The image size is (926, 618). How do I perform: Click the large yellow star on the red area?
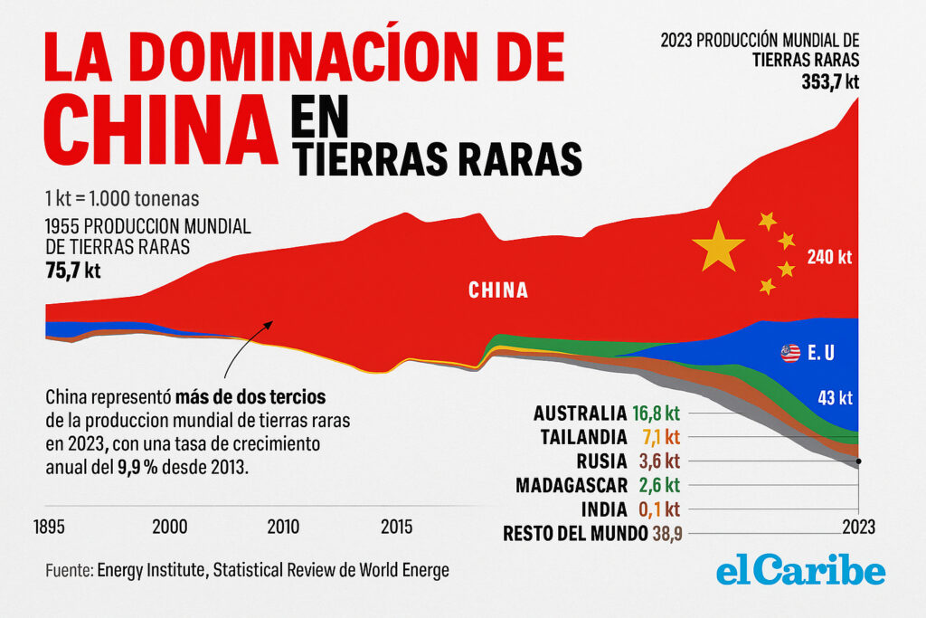(x=718, y=245)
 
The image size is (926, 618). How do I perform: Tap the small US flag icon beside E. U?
(x=790, y=354)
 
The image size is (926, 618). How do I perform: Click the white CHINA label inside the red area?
(x=498, y=290)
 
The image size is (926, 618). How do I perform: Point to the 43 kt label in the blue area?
(x=834, y=396)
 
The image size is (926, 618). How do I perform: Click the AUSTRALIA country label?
(x=579, y=414)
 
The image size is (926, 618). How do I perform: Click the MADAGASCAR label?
(x=572, y=485)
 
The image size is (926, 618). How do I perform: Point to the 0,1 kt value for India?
(x=659, y=509)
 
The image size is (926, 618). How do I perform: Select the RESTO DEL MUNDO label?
(x=575, y=533)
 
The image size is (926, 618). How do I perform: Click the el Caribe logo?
(x=800, y=572)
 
